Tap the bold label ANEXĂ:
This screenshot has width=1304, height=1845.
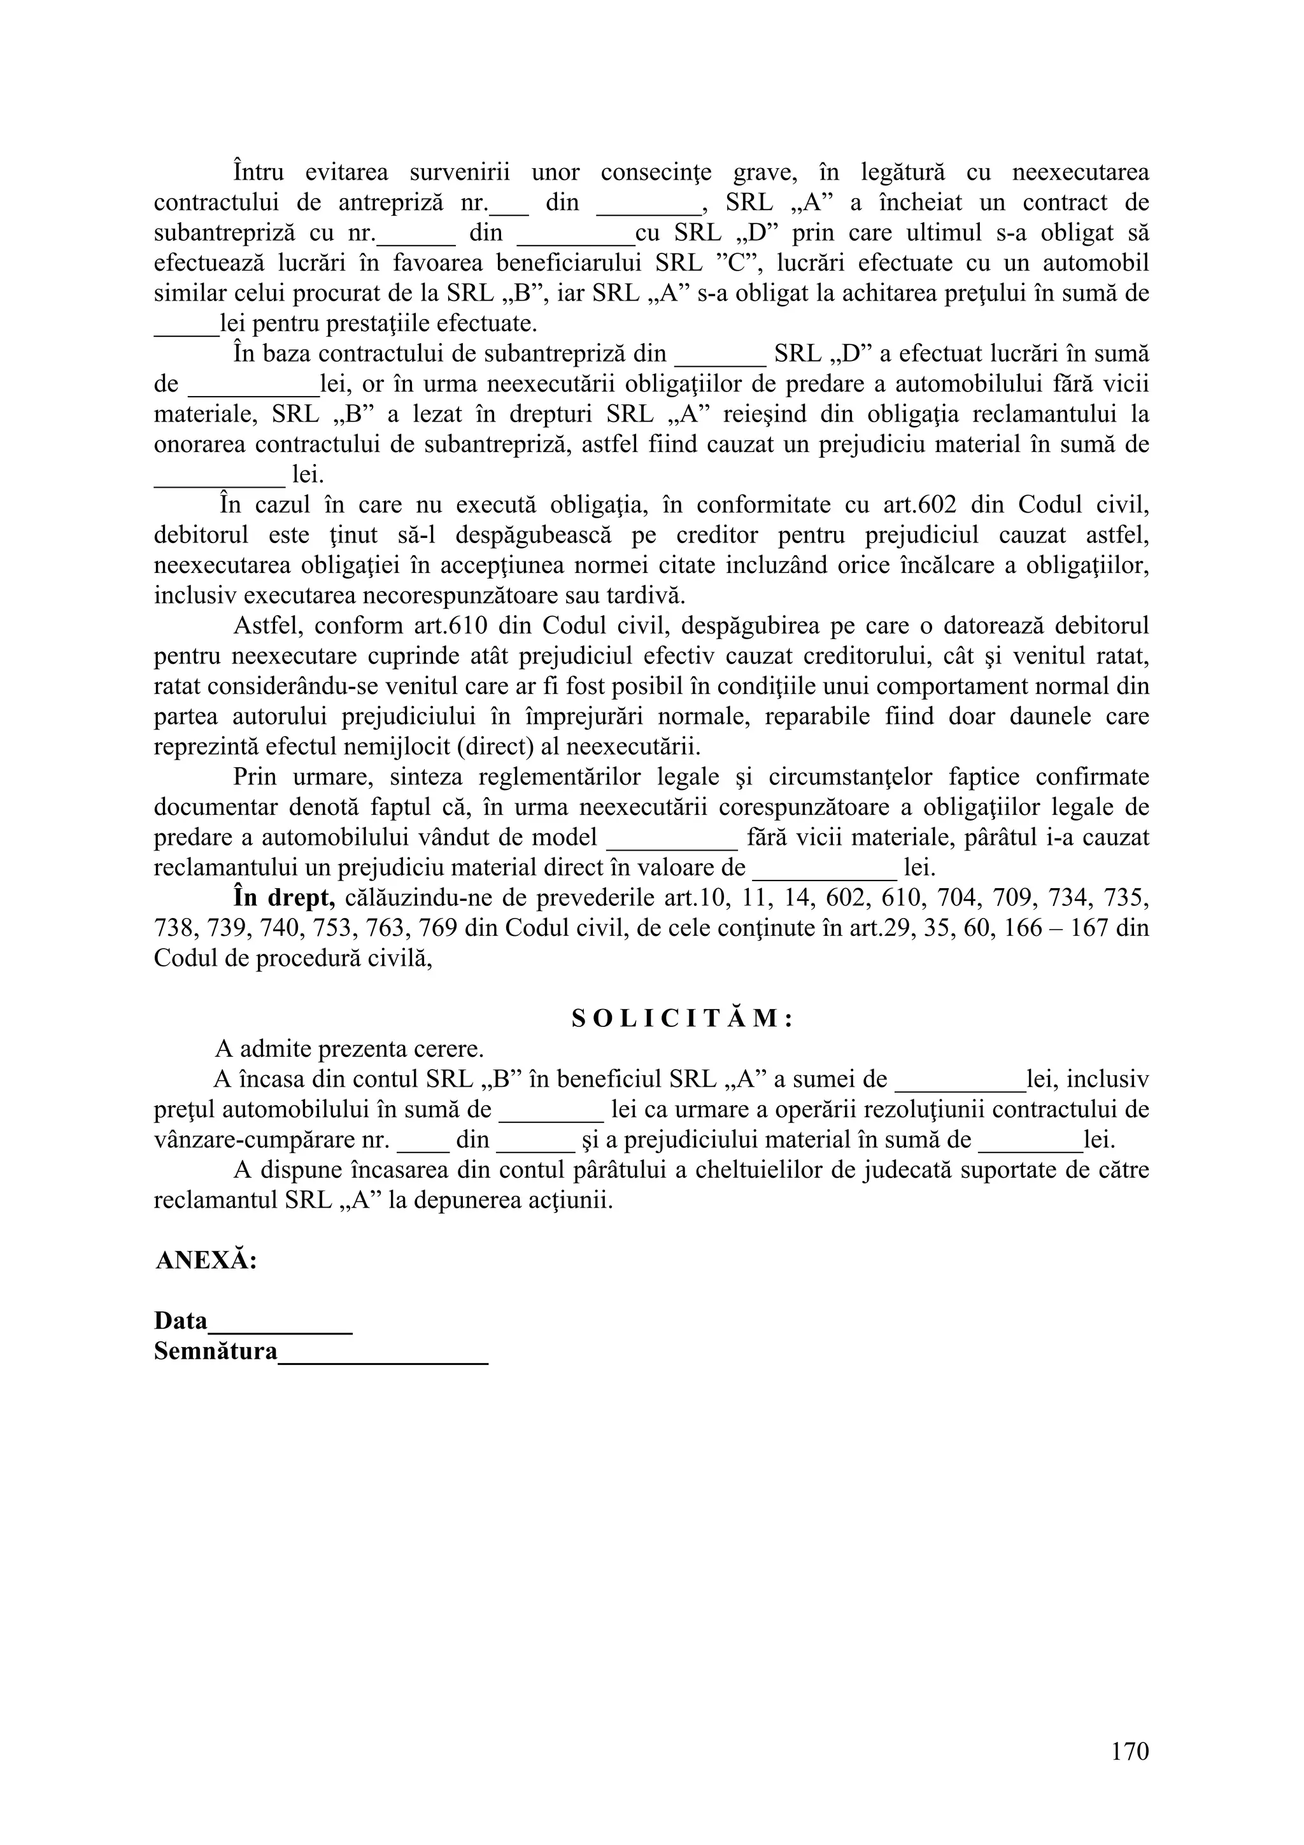point(206,1260)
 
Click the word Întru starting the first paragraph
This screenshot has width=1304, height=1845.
point(258,172)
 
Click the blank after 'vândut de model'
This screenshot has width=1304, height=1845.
point(672,838)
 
